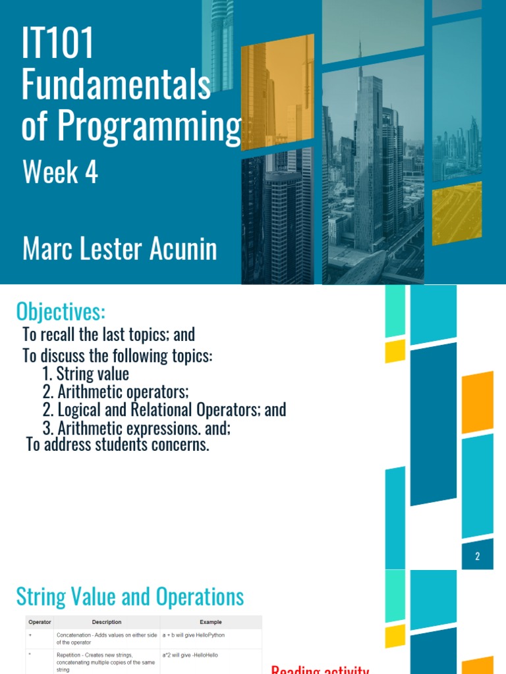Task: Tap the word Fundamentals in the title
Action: [x=116, y=87]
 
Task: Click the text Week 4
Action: [x=60, y=173]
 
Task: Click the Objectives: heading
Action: [x=61, y=310]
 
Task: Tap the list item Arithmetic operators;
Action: [x=123, y=392]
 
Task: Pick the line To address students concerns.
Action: [x=118, y=445]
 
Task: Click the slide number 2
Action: [x=478, y=557]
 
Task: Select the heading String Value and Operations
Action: [x=130, y=598]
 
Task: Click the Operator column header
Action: [x=39, y=622]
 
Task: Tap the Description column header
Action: [x=107, y=622]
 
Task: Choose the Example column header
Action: [x=211, y=622]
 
